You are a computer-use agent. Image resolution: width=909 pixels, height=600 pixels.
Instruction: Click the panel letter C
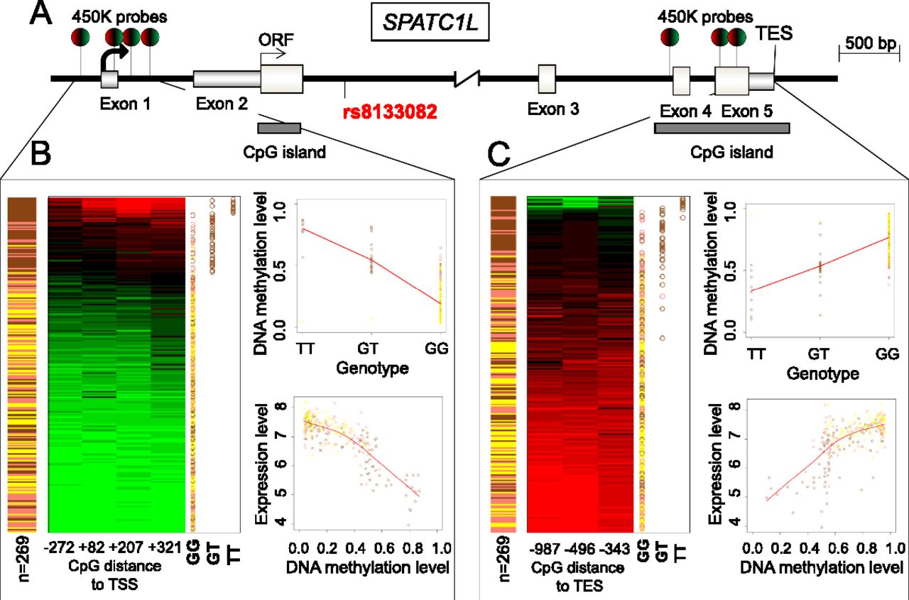tap(503, 153)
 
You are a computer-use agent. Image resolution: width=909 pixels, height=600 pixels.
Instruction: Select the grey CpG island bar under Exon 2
tap(279, 128)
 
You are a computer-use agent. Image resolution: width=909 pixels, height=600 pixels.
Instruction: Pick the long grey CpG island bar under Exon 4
tap(722, 128)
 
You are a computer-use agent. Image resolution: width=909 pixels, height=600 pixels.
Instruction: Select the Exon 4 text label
tap(684, 112)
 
